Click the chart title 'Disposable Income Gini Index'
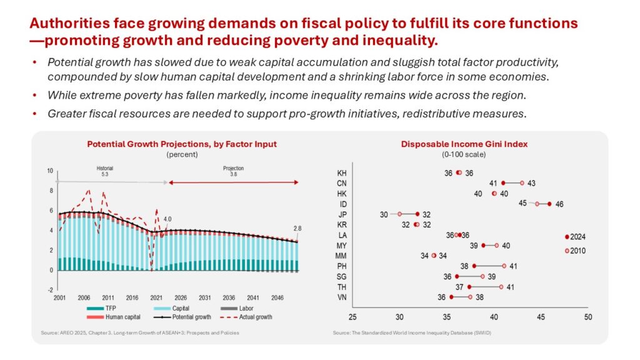[464, 144]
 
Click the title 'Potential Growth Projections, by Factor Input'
[181, 144]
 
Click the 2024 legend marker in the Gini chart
[567, 237]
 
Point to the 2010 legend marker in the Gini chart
[567, 251]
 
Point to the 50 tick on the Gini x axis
[588, 317]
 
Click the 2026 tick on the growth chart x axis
[181, 298]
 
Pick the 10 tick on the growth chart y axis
[49, 171]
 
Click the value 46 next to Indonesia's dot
[559, 204]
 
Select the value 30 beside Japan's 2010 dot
[384, 214]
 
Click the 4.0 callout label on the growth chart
[167, 219]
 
